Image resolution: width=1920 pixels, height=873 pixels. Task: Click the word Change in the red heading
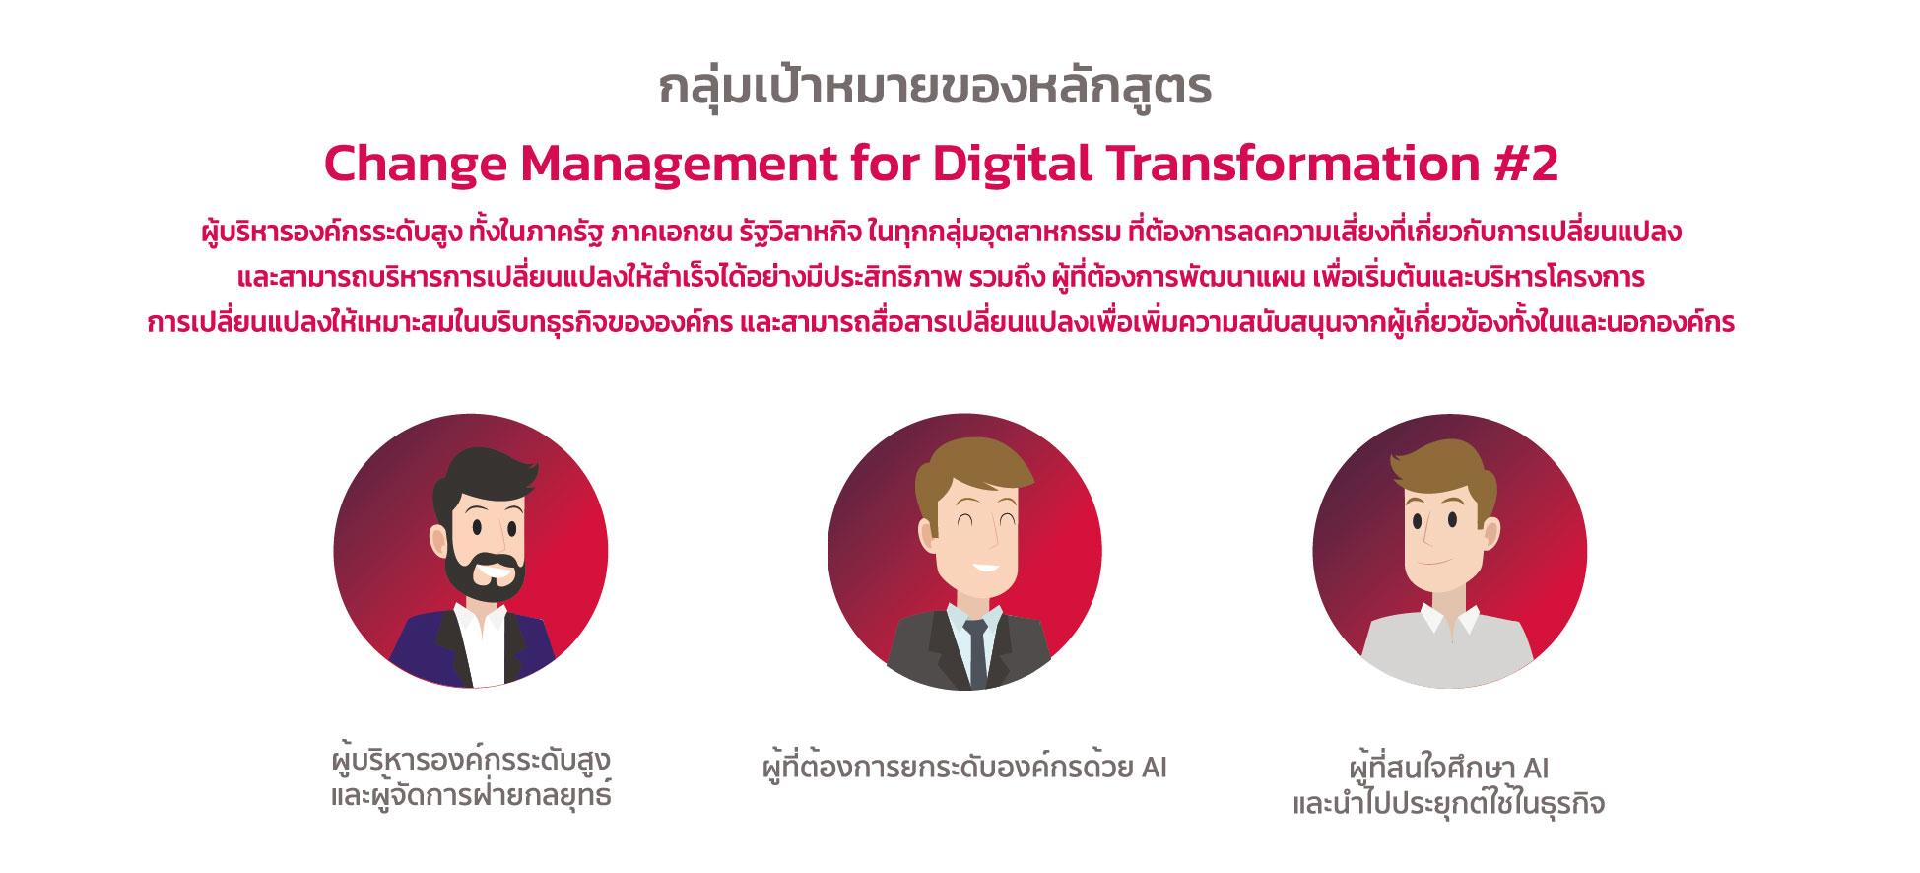(x=414, y=165)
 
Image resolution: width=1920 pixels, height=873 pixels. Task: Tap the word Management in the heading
(x=679, y=165)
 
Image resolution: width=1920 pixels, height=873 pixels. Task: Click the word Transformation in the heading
(x=1293, y=164)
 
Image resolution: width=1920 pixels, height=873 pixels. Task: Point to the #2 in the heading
(x=1526, y=164)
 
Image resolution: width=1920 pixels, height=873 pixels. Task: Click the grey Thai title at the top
(x=935, y=87)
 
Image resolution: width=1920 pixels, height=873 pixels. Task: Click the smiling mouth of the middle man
(x=985, y=568)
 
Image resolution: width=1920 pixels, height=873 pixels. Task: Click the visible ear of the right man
(x=1490, y=532)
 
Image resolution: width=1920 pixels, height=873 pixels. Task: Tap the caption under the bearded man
(x=471, y=777)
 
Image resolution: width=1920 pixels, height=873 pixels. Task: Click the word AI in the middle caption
(x=1154, y=768)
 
